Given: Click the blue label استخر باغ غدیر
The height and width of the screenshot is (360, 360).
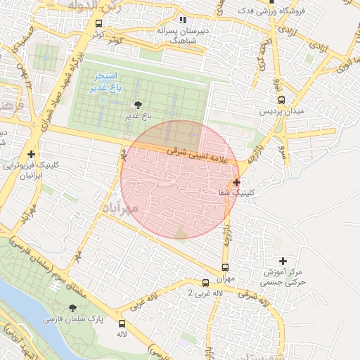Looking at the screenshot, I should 105,83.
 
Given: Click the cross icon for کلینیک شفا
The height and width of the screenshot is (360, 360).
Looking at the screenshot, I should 236,182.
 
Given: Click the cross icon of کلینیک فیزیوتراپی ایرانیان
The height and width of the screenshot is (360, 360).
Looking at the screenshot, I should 31,154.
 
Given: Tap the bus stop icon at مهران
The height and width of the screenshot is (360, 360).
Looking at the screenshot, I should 225,267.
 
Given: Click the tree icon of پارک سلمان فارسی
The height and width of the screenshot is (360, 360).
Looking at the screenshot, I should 73,308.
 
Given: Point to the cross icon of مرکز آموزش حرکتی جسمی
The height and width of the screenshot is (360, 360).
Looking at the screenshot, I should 283,261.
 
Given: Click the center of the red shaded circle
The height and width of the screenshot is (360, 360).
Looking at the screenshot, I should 179,179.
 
